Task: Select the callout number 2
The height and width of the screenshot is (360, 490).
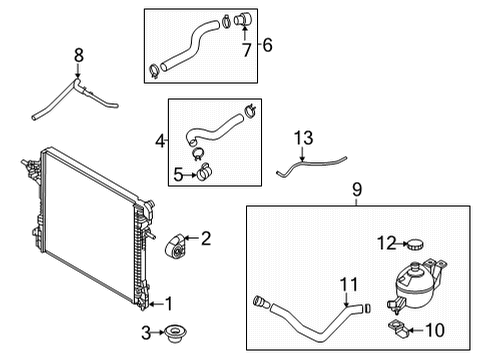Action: (x=206, y=238)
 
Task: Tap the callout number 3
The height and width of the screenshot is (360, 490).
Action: (x=146, y=331)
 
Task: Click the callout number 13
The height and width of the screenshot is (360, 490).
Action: (x=304, y=135)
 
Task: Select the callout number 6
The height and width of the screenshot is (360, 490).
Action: (x=266, y=44)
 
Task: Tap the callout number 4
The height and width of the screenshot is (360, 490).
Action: (x=160, y=143)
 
